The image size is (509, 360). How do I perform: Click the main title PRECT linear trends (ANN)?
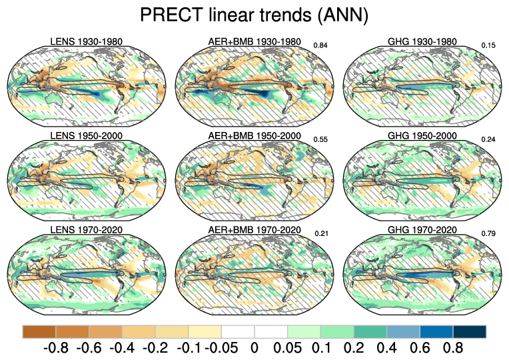point(254,15)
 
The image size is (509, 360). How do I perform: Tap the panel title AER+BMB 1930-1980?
point(254,42)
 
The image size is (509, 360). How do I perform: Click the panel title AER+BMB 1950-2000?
point(254,136)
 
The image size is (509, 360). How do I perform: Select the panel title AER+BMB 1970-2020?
point(254,230)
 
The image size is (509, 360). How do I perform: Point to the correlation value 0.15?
point(488,45)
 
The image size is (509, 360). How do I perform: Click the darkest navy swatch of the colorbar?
point(469,331)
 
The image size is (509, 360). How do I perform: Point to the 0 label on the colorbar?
point(254,348)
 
